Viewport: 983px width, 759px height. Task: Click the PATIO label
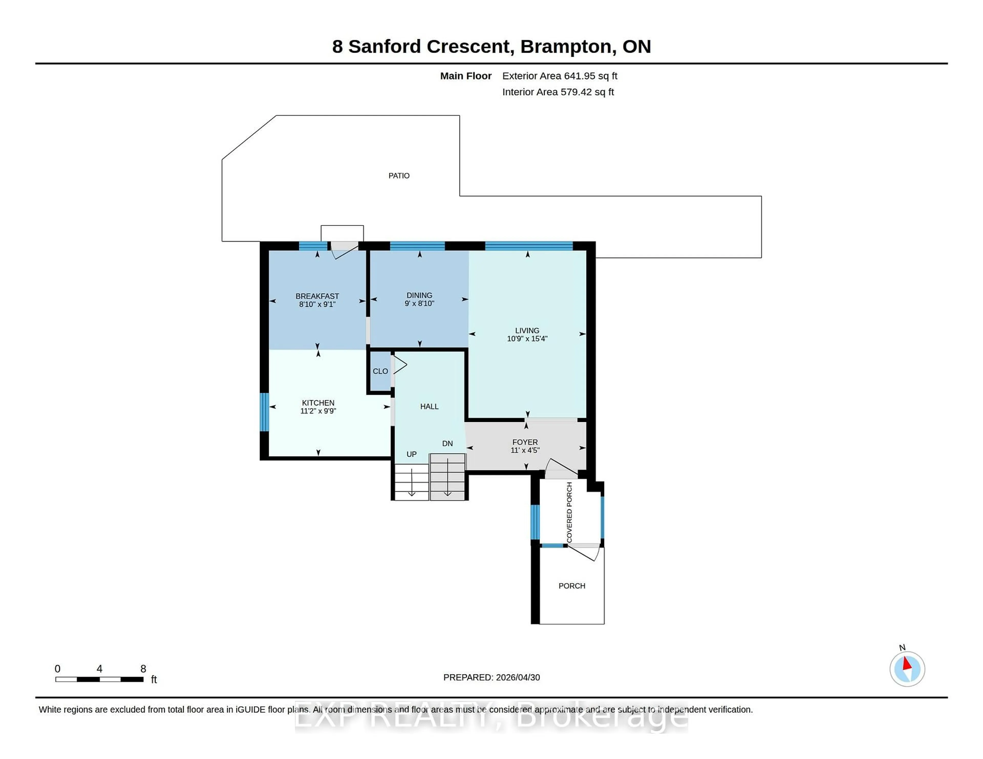(x=399, y=176)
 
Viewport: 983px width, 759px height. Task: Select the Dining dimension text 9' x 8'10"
(x=419, y=304)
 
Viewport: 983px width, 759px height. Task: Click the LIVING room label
(x=527, y=330)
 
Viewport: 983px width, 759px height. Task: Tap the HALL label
(x=429, y=406)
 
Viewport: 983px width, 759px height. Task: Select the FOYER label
(x=525, y=442)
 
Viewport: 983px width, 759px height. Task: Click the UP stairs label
(x=411, y=454)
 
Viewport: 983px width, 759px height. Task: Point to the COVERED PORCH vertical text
(x=569, y=512)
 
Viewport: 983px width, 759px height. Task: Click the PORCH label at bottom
(x=572, y=586)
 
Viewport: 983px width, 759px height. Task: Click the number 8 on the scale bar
(x=143, y=669)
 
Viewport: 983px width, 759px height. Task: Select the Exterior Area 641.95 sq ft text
(x=559, y=76)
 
